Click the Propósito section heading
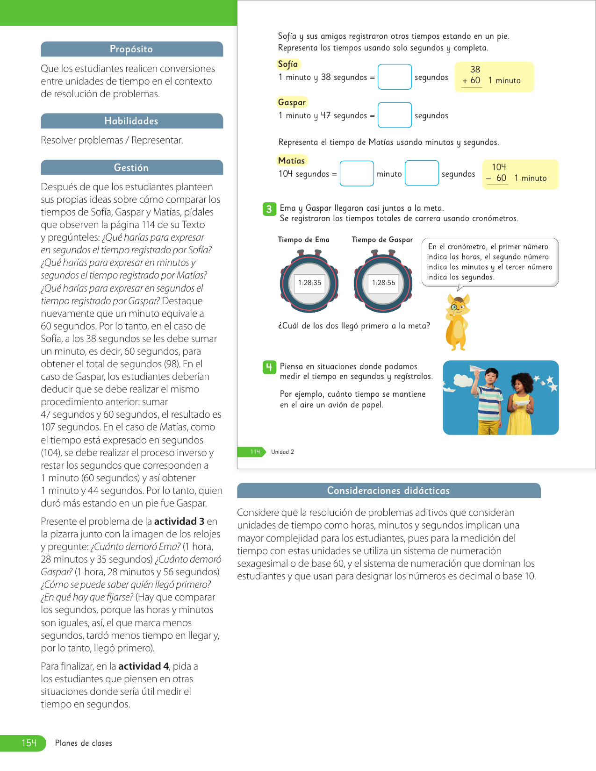tap(131, 49)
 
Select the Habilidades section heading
tap(131, 121)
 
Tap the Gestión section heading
tap(131, 168)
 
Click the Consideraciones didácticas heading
tap(388, 491)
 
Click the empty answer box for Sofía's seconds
tap(395, 77)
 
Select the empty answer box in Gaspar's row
tap(395, 115)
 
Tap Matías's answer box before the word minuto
tap(357, 174)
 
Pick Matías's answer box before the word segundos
tap(422, 173)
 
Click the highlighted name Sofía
tap(288, 64)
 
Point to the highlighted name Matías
tap(291, 161)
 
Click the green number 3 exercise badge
tap(269, 209)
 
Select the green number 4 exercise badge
tap(269, 367)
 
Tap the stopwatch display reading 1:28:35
tap(309, 283)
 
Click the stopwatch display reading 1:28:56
tap(383, 283)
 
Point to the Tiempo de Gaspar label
tap(382, 240)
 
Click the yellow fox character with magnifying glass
tap(457, 322)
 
